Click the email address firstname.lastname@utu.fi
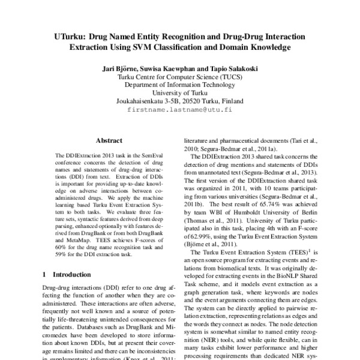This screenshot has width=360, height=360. (x=180, y=111)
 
